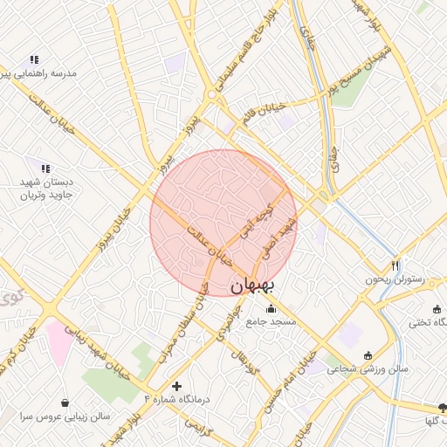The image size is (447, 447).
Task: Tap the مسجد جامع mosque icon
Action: (271, 308)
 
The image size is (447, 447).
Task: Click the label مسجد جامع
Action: (271, 322)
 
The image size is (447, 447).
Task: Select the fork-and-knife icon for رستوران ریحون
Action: (395, 265)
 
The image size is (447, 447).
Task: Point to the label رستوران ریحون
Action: (394, 280)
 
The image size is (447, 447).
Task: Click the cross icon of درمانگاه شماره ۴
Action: (177, 385)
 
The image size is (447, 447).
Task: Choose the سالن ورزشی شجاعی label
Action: (368, 369)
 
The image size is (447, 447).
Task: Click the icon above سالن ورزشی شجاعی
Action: (368, 355)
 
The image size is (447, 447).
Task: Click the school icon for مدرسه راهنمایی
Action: (34, 59)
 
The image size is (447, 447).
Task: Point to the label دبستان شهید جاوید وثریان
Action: (45, 189)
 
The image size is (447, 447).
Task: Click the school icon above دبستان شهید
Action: (45, 168)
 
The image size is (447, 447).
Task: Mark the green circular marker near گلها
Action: (441, 409)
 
